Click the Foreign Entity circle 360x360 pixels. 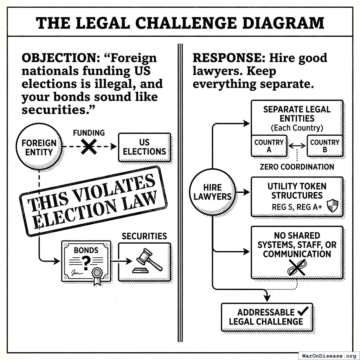[x=39, y=147]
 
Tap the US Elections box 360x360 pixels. [x=144, y=147]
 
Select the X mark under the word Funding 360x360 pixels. [x=89, y=147]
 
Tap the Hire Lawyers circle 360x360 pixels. [x=212, y=192]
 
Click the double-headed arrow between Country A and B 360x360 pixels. [x=297, y=145]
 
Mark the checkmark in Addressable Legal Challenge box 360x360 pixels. [x=302, y=311]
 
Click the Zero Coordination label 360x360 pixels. [x=297, y=167]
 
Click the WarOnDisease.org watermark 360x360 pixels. [x=329, y=355]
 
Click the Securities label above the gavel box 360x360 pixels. [x=144, y=236]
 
